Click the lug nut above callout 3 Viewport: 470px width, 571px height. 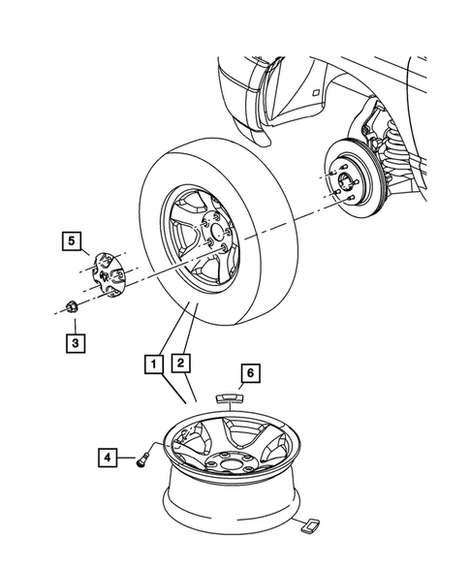tap(71, 309)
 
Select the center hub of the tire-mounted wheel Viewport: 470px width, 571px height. tap(216, 251)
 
